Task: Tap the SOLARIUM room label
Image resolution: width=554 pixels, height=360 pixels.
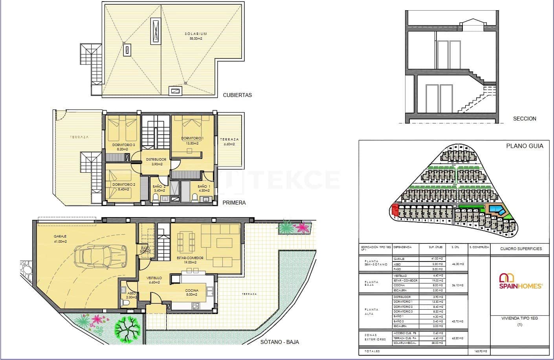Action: point(196,36)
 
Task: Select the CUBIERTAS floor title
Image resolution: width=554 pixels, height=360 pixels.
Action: point(237,95)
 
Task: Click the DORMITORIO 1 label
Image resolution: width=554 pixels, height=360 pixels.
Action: point(192,141)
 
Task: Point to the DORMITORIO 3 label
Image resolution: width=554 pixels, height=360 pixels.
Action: point(123,147)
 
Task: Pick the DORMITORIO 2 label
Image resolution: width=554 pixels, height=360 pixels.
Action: point(123,186)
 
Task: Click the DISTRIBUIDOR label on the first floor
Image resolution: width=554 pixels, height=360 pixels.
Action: point(156,161)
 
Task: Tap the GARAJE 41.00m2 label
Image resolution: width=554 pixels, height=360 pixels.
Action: point(61,239)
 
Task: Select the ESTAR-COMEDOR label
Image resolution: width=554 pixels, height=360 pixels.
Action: point(190,260)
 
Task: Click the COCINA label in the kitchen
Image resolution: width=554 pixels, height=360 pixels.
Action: point(192,292)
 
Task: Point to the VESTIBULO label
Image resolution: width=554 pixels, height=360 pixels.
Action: point(154,280)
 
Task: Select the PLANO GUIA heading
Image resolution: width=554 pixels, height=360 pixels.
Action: point(525,146)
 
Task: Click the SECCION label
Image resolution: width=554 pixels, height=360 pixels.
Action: point(525,119)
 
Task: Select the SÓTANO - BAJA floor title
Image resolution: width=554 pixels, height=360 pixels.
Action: point(279,342)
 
